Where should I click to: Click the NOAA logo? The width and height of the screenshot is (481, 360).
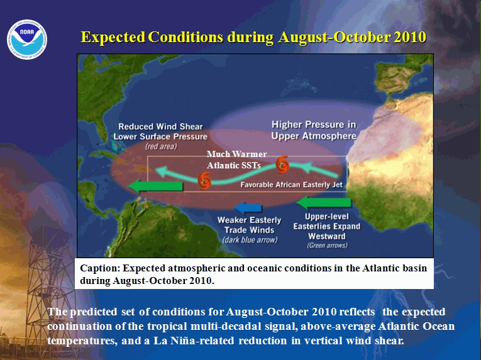coord(27,40)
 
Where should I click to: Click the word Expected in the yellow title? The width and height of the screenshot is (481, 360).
coord(113,37)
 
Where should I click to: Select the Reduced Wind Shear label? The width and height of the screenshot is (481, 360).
coord(160,127)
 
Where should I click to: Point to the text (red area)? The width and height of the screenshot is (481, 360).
coord(161,146)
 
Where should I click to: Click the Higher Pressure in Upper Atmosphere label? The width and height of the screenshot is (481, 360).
coord(314,130)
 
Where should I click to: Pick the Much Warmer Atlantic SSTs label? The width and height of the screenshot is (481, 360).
coord(236,160)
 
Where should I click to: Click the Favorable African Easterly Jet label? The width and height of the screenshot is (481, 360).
coord(291,185)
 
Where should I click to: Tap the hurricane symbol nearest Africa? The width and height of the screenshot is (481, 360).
coord(282,165)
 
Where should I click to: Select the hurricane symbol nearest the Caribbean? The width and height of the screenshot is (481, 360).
coord(204,180)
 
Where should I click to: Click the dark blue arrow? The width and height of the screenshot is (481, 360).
coord(248,207)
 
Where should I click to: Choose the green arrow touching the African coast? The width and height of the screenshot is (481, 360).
coord(324,203)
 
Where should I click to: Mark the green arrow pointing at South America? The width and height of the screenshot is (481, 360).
coord(155,186)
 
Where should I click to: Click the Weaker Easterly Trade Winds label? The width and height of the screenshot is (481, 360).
coord(249,225)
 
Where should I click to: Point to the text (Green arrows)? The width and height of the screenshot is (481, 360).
coord(327,245)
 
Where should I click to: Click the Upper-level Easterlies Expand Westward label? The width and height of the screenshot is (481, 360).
coord(327,226)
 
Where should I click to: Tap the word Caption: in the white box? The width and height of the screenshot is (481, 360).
coord(100,268)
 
